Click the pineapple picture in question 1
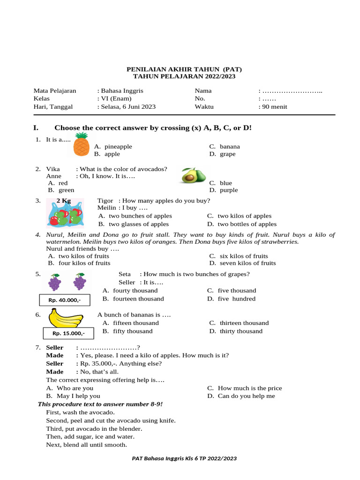[x=81, y=144]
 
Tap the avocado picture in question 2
[x=193, y=176]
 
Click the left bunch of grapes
[x=55, y=282]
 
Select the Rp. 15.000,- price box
[x=68, y=333]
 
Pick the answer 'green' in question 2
[x=66, y=190]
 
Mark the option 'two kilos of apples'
[x=244, y=216]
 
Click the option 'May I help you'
[x=78, y=396]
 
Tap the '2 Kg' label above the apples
[x=64, y=201]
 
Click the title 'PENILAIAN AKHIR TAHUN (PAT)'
[x=184, y=69]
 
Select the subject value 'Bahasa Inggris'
[x=122, y=90]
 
